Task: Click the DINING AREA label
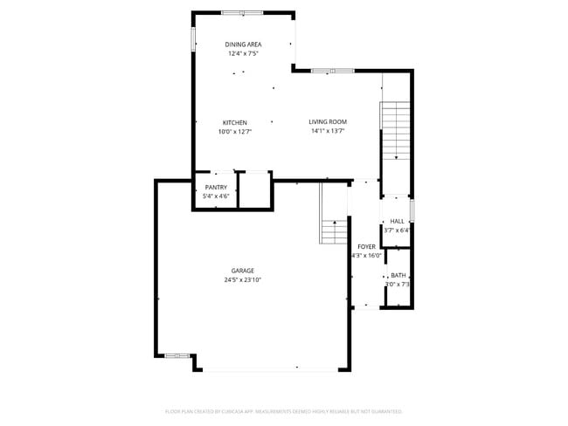pyautogui.click(x=243, y=45)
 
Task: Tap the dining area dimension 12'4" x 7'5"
pyautogui.click(x=243, y=53)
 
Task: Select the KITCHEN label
pyautogui.click(x=234, y=122)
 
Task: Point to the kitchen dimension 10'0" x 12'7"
pyautogui.click(x=234, y=132)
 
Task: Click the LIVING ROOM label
pyautogui.click(x=328, y=122)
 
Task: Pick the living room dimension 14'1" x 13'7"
pyautogui.click(x=328, y=132)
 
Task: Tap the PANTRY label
pyautogui.click(x=216, y=188)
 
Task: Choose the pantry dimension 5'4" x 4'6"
pyautogui.click(x=216, y=196)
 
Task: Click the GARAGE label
pyautogui.click(x=243, y=271)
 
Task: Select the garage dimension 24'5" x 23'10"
pyautogui.click(x=243, y=280)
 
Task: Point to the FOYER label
pyautogui.click(x=366, y=247)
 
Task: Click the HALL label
pyautogui.click(x=397, y=222)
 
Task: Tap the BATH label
pyautogui.click(x=398, y=275)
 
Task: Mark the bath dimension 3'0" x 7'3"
pyautogui.click(x=398, y=284)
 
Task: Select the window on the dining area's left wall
pyautogui.click(x=193, y=39)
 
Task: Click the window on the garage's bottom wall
pyautogui.click(x=177, y=355)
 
